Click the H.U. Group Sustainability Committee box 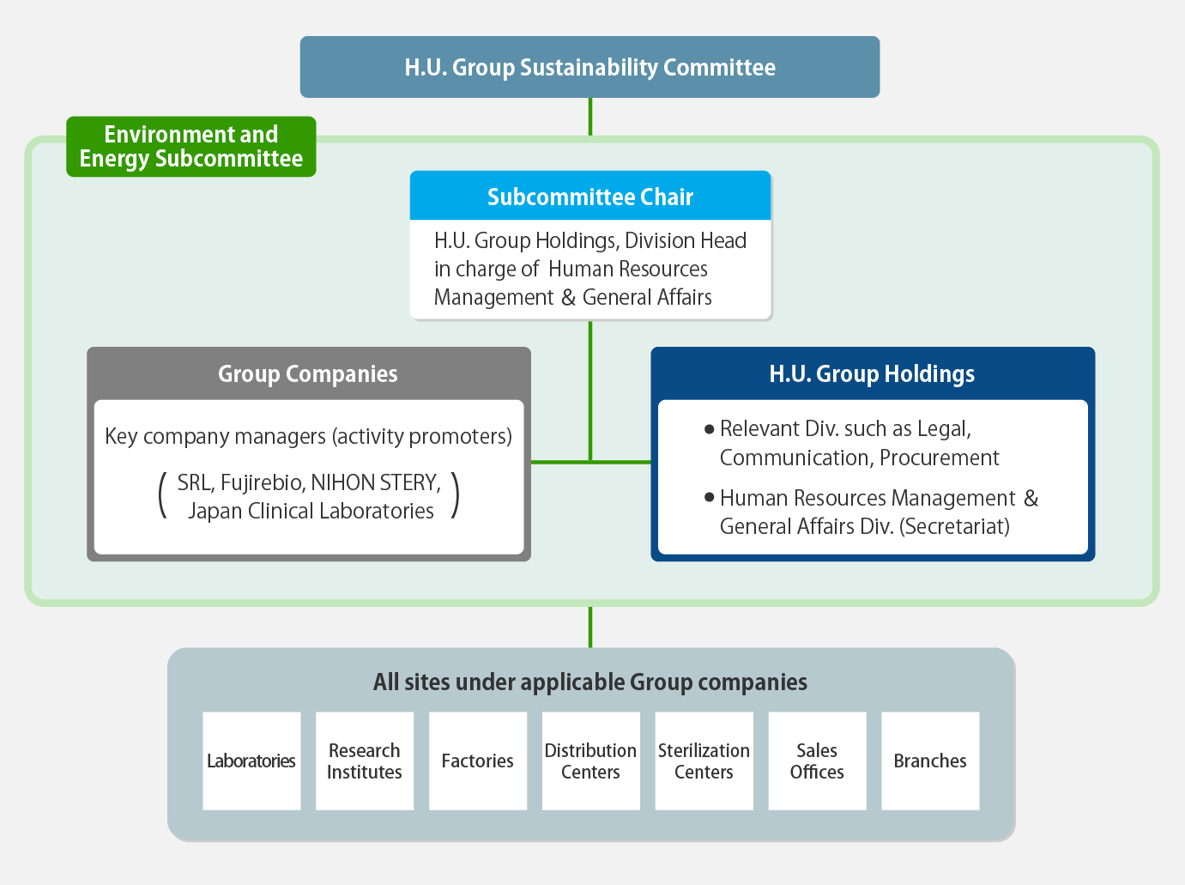(589, 67)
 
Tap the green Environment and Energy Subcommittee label (191, 147)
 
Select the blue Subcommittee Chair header (590, 197)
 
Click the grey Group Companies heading (308, 373)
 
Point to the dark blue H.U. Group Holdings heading (872, 373)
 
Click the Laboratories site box (251, 761)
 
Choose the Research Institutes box (365, 761)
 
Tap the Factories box (478, 761)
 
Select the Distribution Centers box (590, 761)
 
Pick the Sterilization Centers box (704, 761)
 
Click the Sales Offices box (817, 761)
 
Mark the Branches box (930, 761)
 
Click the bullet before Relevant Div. (709, 428)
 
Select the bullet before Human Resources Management (709, 497)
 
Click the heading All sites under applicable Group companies (590, 682)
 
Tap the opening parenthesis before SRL (161, 496)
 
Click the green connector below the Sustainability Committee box (590, 116)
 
